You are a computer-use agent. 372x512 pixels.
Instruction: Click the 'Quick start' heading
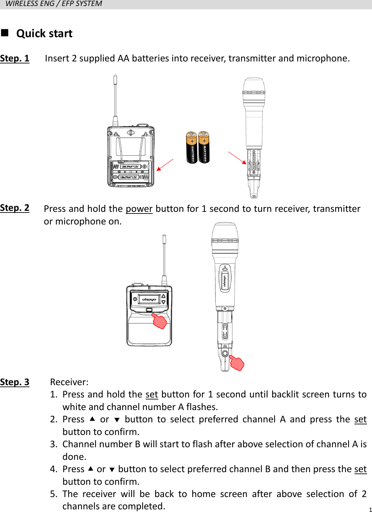(44, 34)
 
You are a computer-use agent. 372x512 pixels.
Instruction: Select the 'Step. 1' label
(15, 58)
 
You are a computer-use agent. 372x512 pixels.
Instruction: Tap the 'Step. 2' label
(15, 208)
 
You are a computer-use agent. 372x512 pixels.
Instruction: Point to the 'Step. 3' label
(15, 382)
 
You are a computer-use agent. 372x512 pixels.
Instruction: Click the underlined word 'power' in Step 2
(139, 209)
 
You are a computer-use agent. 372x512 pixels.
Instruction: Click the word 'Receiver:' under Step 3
(69, 382)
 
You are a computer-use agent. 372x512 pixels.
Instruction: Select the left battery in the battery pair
(191, 147)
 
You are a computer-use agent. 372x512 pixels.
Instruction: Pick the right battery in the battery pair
(204, 147)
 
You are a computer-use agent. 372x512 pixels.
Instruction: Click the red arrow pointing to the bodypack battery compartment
(165, 165)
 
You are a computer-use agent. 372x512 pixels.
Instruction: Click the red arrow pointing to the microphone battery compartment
(238, 158)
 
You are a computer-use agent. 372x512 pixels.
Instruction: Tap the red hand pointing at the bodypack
(160, 321)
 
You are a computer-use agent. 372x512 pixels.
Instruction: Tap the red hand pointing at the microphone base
(237, 363)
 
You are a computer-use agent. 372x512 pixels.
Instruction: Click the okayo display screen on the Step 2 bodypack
(149, 299)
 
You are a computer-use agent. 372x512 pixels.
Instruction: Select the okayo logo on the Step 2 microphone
(225, 281)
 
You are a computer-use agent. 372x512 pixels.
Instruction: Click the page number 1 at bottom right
(370, 510)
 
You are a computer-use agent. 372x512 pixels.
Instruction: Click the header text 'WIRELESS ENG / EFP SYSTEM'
(54, 4)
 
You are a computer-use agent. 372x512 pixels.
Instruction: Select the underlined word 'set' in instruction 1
(152, 394)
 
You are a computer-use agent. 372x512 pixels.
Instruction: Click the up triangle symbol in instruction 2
(92, 419)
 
